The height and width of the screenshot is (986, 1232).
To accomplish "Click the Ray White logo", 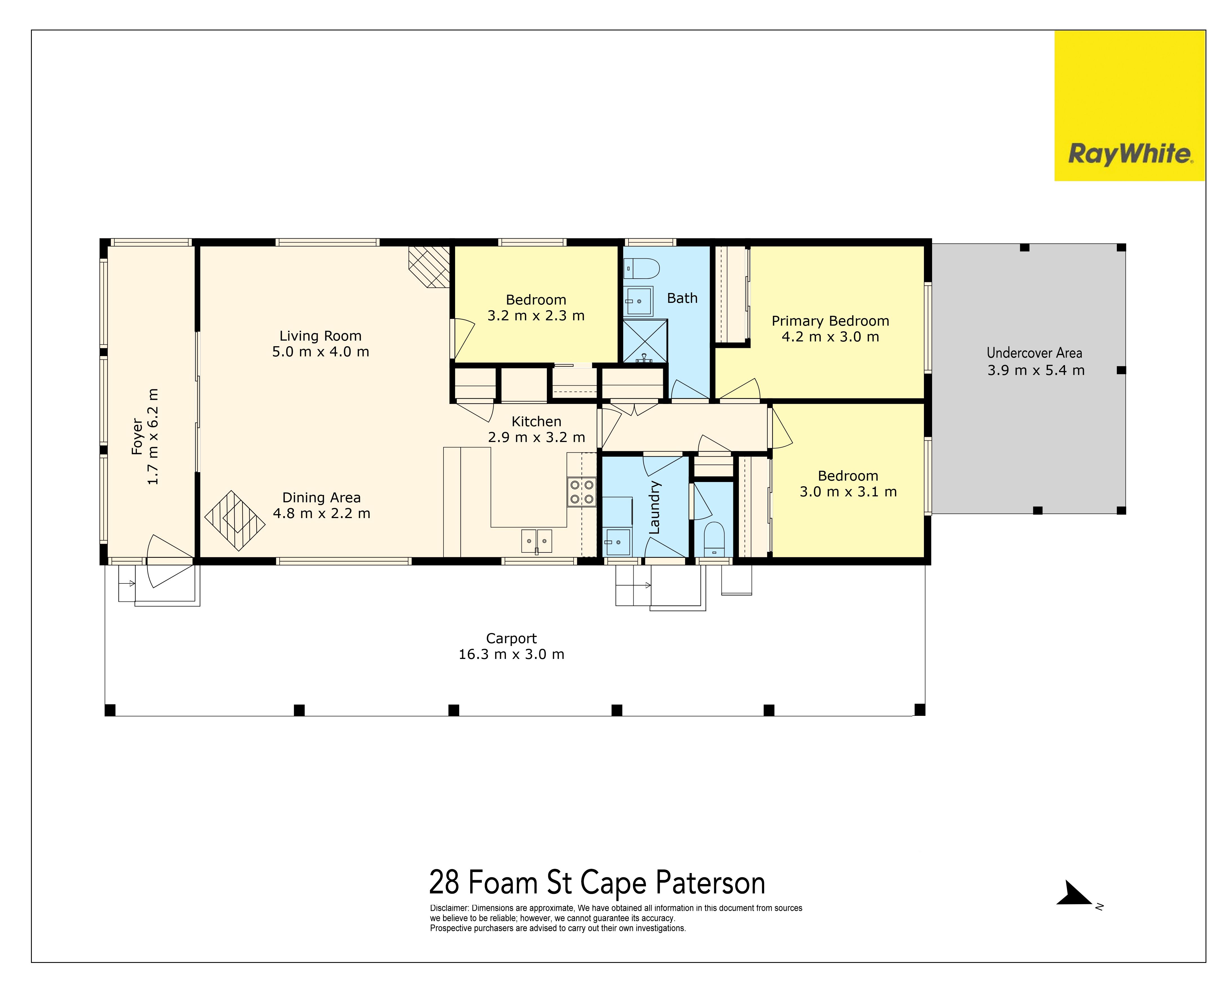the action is pos(1130,106).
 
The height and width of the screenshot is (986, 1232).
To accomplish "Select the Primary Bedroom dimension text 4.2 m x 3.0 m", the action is pos(830,337).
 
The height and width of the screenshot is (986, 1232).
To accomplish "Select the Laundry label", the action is pos(654,508).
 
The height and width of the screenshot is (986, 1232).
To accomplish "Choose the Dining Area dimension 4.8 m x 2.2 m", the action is pos(322,513).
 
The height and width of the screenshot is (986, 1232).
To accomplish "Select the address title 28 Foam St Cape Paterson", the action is pos(597,883).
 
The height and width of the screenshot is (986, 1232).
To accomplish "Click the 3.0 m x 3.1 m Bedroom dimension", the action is pos(848,492).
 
